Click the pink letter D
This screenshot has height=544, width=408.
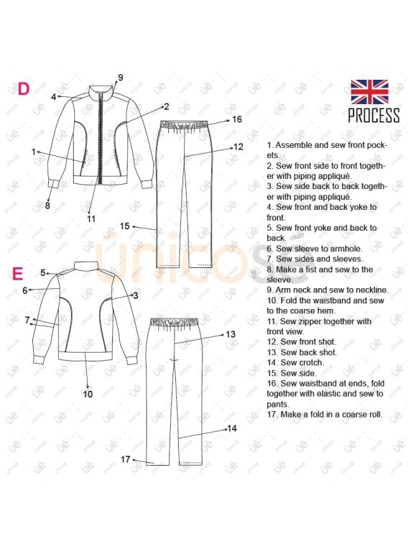coord(23,89)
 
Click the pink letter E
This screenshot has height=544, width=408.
coord(18,273)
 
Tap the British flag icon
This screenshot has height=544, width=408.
coord(369,92)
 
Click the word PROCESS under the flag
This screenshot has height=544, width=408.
coord(374,115)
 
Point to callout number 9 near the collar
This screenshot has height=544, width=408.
coord(120,78)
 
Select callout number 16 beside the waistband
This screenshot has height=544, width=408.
coord(237,119)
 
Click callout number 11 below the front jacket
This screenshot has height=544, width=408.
coord(91,219)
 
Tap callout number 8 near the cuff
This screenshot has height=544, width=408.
coord(47,206)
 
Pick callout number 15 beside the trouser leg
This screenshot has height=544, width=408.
coord(124,226)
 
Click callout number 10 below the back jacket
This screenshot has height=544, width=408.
coord(88,394)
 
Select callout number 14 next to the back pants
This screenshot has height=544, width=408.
coord(231,428)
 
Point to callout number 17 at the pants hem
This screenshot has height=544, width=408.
coord(125,459)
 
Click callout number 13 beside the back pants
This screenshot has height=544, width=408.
coord(231,334)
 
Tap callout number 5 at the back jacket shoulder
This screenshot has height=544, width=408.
coord(43,273)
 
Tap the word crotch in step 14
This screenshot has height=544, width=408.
coord(311,363)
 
